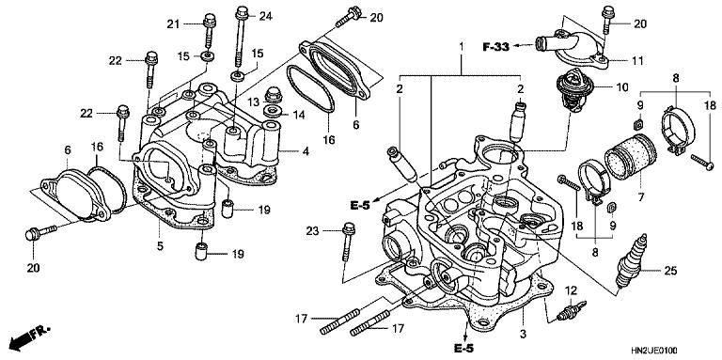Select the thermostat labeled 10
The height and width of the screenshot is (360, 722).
573,90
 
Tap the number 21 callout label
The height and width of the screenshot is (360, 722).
173,24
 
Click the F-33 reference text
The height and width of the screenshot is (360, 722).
496,46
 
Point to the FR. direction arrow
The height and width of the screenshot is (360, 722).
29,337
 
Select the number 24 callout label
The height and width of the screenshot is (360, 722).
266,16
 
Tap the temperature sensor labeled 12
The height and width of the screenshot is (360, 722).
571,310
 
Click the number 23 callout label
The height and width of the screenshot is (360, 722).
313,232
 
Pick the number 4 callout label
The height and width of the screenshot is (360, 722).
306,150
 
